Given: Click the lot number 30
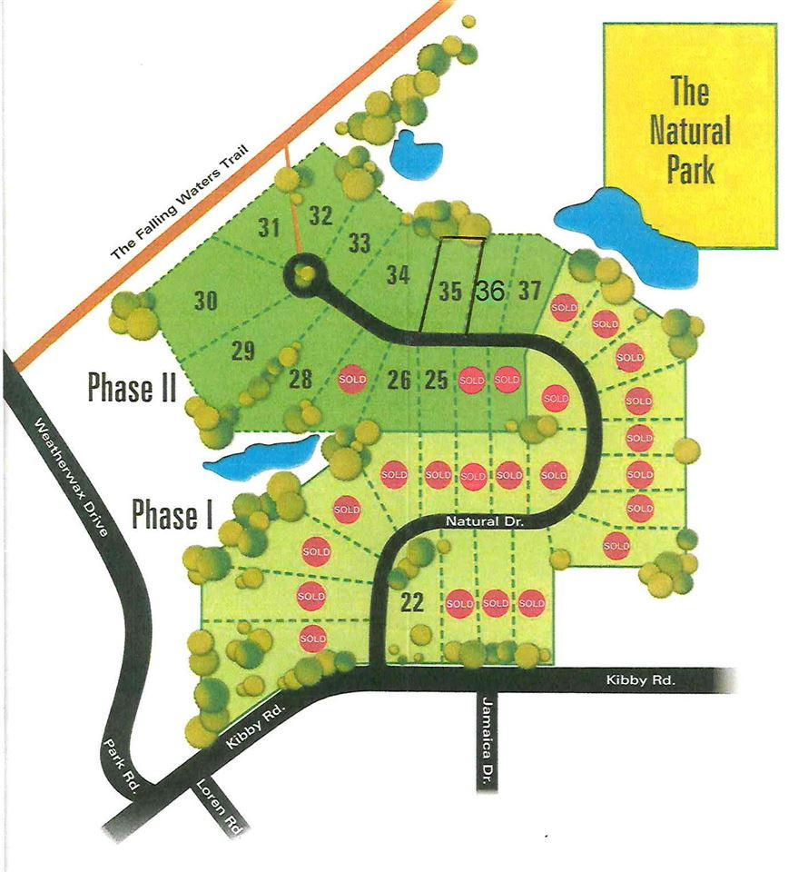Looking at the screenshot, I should point(206,301).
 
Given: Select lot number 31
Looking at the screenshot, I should point(268,228).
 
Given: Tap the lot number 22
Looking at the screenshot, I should point(412,602).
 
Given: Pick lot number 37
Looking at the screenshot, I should point(529,292).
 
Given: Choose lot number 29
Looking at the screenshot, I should point(242,352).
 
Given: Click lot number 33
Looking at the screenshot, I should point(360,243).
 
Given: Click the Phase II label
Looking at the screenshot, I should point(131,388).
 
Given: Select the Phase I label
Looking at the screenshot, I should point(172,514).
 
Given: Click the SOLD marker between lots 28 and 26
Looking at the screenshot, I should point(352,379).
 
